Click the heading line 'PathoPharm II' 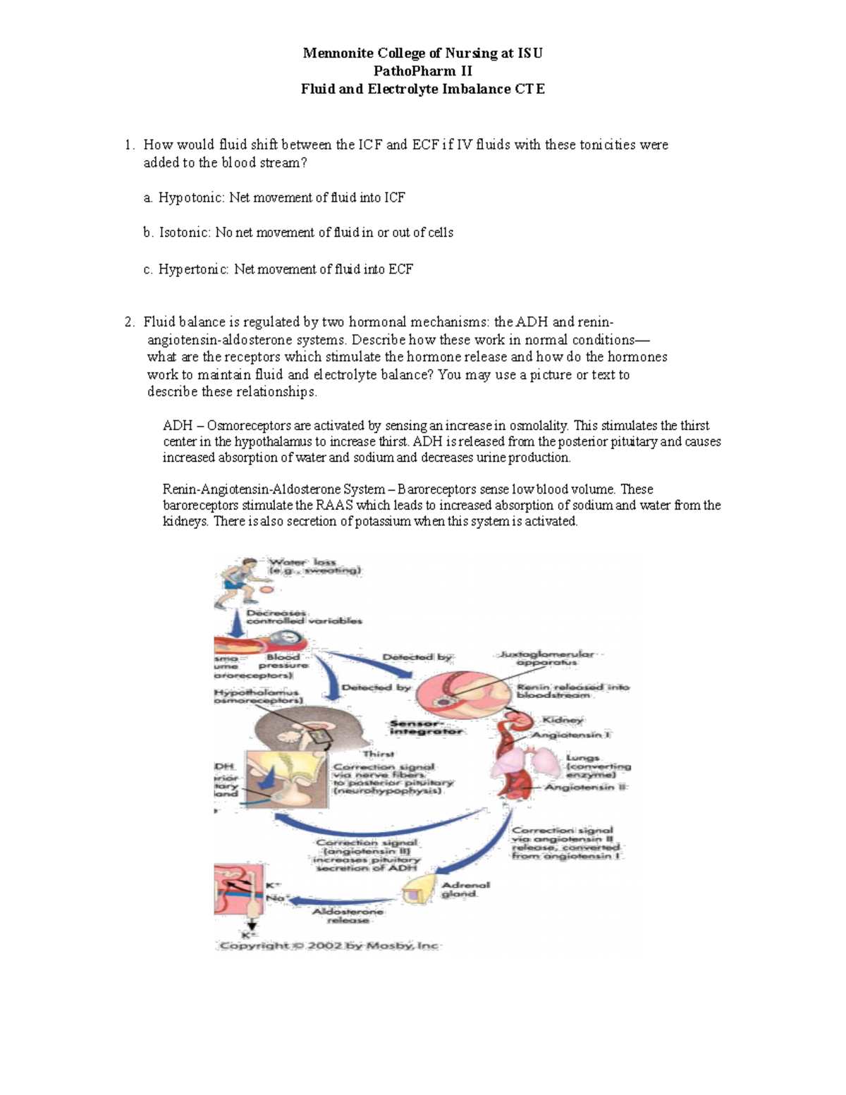pos(422,71)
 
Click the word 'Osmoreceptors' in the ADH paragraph pos(248,426)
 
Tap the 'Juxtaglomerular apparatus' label pos(546,659)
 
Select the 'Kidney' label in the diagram pos(562,720)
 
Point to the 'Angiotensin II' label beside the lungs pos(585,787)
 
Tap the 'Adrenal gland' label pos(465,889)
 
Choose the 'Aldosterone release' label pos(348,915)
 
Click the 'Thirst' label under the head pos(378,754)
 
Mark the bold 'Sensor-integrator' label pos(426,728)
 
